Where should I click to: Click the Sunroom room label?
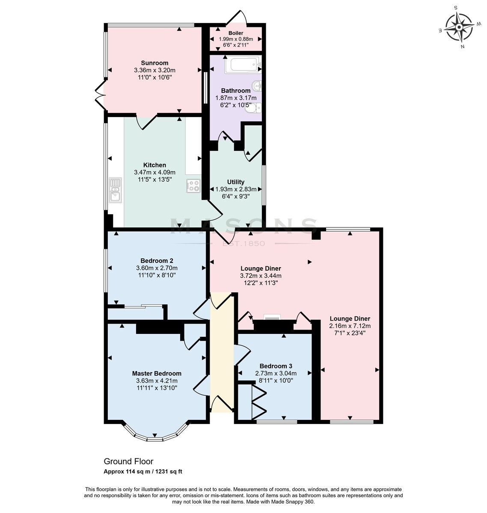click(x=154, y=63)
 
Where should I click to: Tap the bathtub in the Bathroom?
click(x=243, y=64)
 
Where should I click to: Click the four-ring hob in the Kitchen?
click(x=193, y=186)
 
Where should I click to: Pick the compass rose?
click(x=459, y=27)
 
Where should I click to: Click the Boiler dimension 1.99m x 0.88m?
click(x=236, y=39)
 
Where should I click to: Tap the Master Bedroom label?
click(x=157, y=373)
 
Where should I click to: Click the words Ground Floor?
click(x=128, y=461)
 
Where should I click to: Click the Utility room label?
click(x=236, y=182)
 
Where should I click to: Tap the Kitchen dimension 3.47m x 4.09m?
click(x=154, y=172)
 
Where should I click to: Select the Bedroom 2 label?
click(x=157, y=261)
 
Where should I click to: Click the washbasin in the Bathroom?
click(x=256, y=86)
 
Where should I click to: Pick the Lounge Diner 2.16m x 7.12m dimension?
click(x=350, y=326)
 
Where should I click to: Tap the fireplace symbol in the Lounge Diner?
click(x=272, y=317)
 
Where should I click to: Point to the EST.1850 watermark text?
click(x=243, y=243)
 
